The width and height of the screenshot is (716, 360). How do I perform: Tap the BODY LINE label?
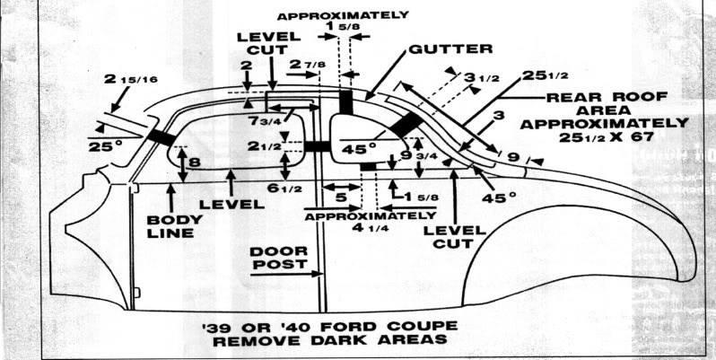(x=171, y=224)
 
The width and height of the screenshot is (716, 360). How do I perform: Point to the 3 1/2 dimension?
(x=481, y=78)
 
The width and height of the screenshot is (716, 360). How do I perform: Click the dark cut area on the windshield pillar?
(x=162, y=136)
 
